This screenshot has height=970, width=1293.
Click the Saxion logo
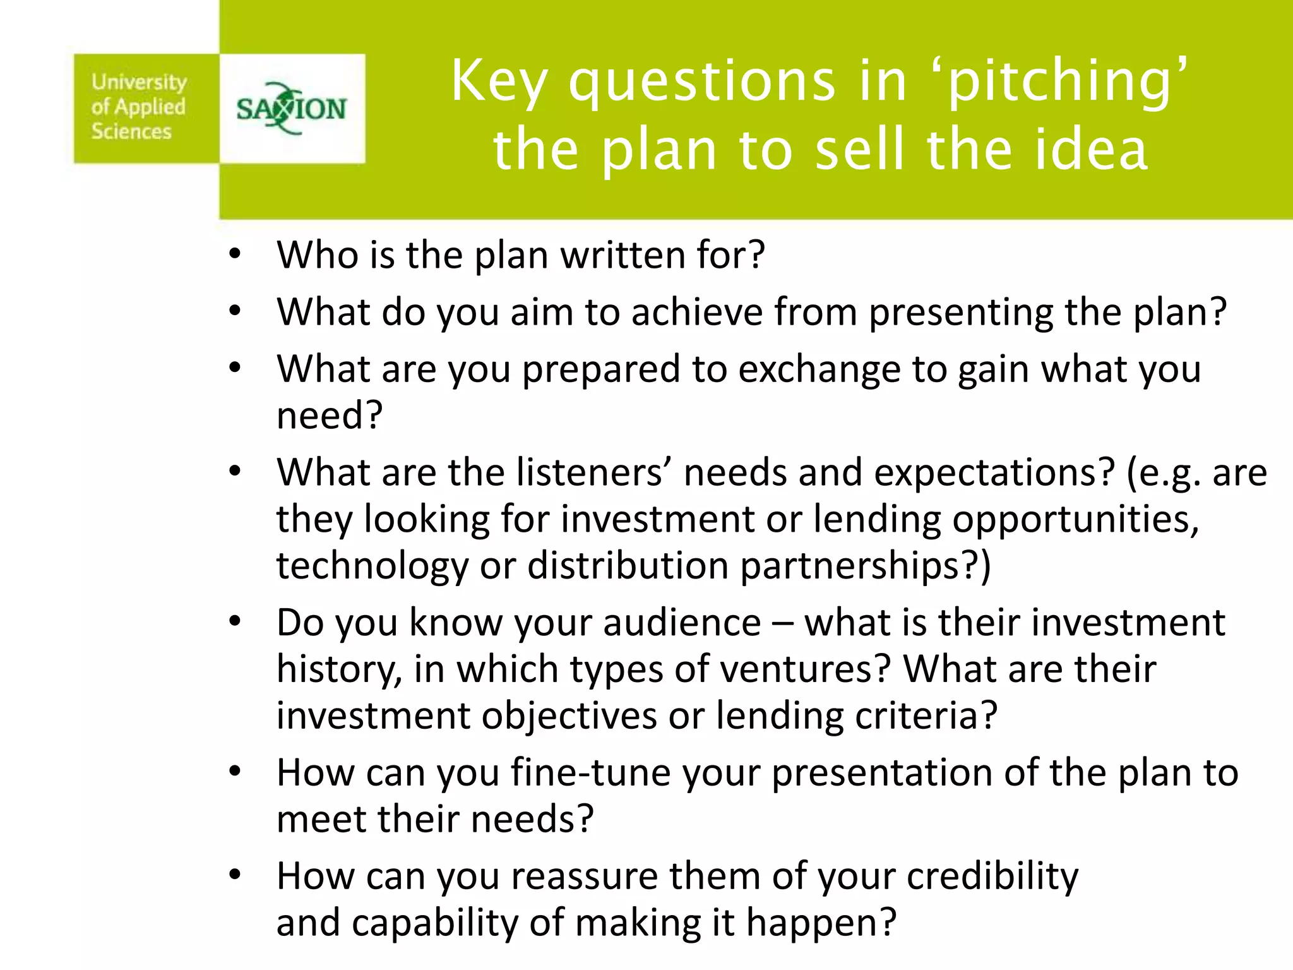pos(292,109)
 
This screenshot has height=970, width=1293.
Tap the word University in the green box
pos(139,82)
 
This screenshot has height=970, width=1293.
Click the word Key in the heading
pos(499,82)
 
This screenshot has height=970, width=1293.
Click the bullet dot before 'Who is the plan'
pos(235,255)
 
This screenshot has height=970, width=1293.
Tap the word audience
pos(682,623)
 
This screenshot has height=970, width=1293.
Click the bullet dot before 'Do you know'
pos(235,623)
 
